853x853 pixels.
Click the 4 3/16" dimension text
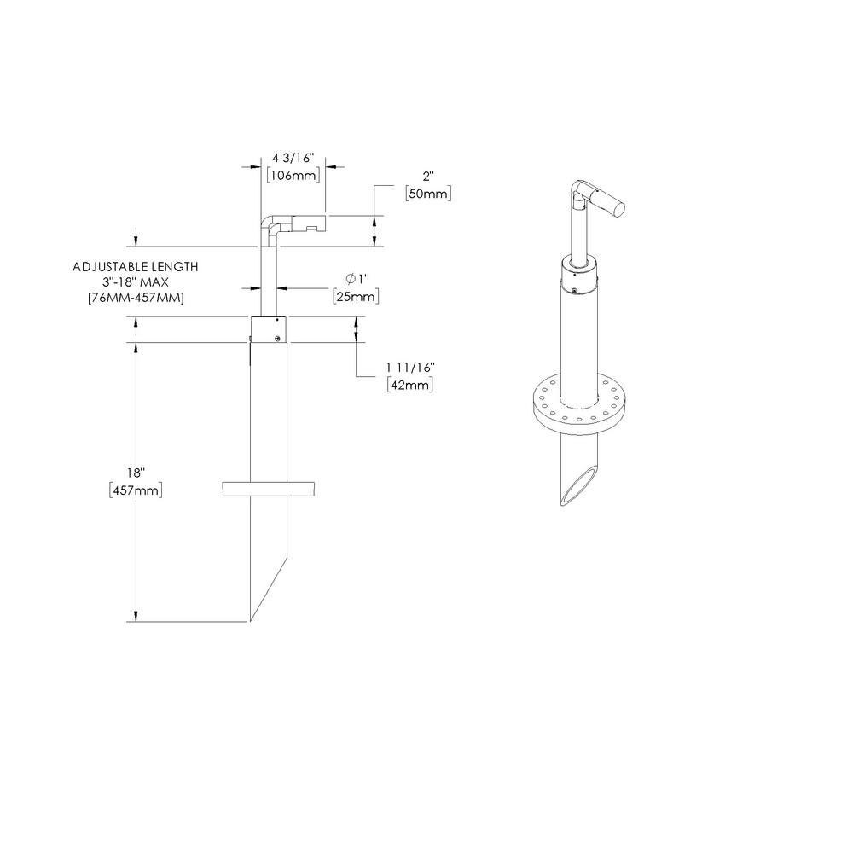(x=293, y=159)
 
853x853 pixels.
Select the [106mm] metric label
(x=293, y=176)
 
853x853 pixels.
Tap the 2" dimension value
(x=428, y=177)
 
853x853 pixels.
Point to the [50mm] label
(x=428, y=194)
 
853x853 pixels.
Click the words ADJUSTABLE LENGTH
(x=136, y=267)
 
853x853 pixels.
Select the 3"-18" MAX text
(x=136, y=281)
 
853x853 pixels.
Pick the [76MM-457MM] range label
(x=136, y=297)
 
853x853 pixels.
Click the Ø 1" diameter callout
(x=356, y=280)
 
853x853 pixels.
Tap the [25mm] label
(x=356, y=297)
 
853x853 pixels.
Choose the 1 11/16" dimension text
(x=410, y=367)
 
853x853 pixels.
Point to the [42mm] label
(x=410, y=384)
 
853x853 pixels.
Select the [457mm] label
(x=136, y=490)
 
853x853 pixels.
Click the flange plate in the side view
(x=269, y=489)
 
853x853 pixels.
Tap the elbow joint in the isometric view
(x=580, y=190)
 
